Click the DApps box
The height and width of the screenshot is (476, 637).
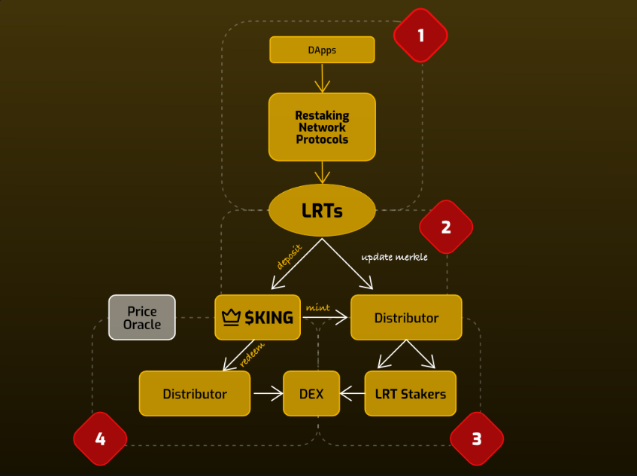coord(322,50)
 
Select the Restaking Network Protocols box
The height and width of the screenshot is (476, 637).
coord(322,127)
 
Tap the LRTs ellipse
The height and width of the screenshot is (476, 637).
coord(322,210)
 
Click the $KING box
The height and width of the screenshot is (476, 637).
coord(258,317)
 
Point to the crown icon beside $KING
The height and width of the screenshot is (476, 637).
coord(231,317)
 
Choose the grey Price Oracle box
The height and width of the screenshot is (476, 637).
coord(142,317)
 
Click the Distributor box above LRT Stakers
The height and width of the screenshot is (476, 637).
coord(406,317)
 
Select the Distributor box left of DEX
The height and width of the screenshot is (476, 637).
coord(195,393)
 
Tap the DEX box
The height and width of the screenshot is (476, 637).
coord(311,393)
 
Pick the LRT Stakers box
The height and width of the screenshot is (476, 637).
coord(410,393)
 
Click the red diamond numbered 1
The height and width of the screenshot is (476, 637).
coord(420,35)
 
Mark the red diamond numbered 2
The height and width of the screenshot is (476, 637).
coord(446,227)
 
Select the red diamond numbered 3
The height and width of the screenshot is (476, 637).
coord(476,438)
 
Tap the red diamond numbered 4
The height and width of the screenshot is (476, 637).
coord(100,438)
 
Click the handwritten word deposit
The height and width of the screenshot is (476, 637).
coord(290,257)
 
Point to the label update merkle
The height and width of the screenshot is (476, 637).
coord(394,257)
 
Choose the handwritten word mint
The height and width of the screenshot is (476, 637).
coord(317,307)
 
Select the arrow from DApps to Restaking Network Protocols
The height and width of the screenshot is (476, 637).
coord(322,78)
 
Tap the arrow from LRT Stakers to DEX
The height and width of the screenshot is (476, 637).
coord(353,393)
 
